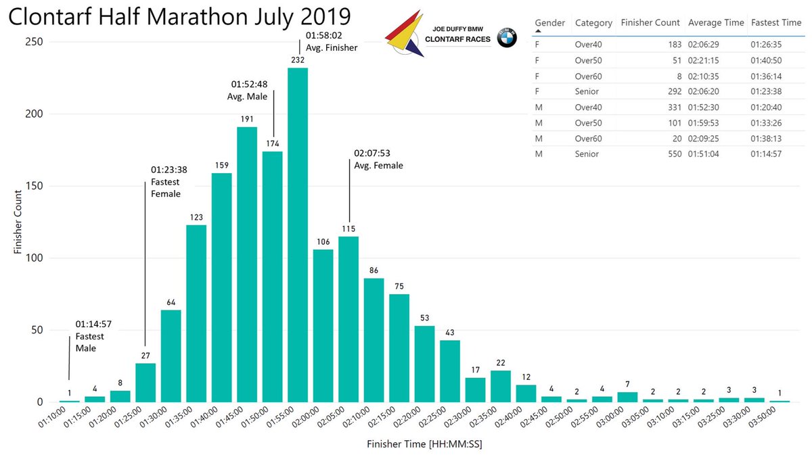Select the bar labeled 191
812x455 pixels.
point(247,264)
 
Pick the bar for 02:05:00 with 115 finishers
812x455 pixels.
point(348,318)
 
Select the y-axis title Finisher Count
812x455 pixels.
point(18,220)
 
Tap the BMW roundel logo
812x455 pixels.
point(507,39)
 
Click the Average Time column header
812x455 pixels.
point(716,22)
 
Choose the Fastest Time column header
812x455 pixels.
point(776,22)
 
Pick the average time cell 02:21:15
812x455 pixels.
point(705,60)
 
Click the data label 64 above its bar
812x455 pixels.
point(171,302)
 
